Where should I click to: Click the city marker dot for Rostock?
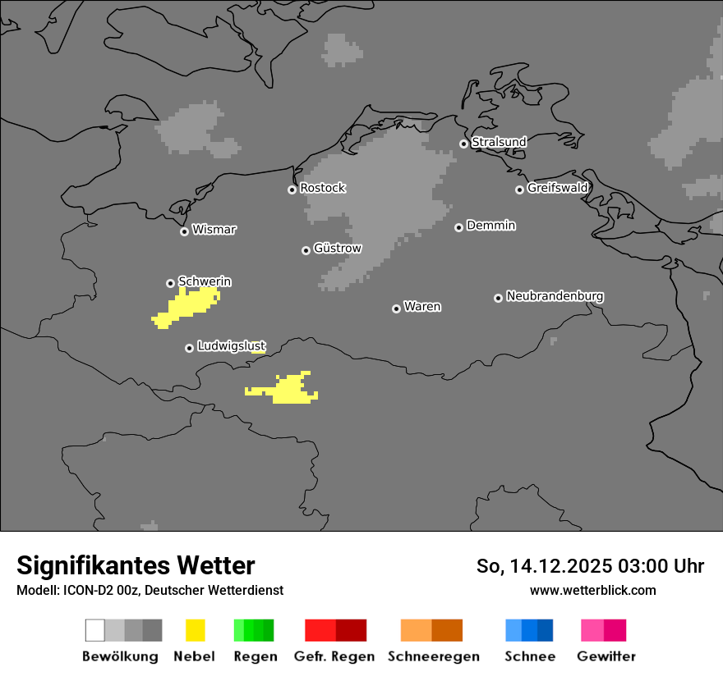coord(292,190)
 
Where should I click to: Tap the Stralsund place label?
coord(499,143)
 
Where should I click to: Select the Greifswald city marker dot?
coord(519,190)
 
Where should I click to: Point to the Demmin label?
coord(490,226)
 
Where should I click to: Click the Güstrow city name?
coord(337,249)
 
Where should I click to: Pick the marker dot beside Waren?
coord(396,309)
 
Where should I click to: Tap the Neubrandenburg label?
coord(555,296)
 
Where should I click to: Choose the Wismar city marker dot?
coord(184,231)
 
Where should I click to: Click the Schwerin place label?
coord(205,282)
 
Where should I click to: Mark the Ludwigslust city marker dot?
coord(189,348)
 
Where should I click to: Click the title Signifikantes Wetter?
coord(136,566)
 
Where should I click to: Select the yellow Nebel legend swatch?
coord(196,630)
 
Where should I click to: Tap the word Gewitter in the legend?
coord(606,656)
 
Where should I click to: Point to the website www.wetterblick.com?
coord(592,590)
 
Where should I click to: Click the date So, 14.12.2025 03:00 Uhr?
coord(590,566)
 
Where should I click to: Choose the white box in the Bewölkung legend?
coord(94,630)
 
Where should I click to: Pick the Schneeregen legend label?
coord(434,656)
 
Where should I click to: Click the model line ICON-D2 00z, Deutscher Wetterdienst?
coord(150,590)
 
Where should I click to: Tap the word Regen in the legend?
coord(256,656)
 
